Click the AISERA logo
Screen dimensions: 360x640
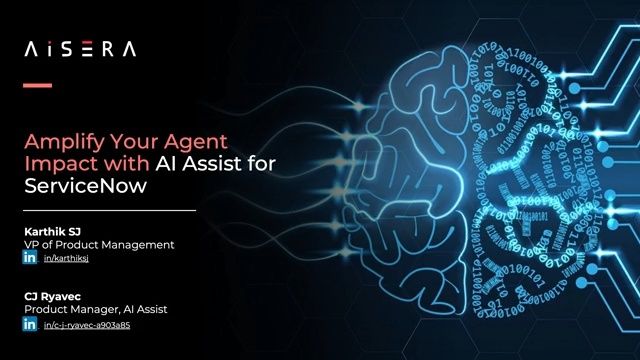click(x=79, y=48)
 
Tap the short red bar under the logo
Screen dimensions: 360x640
click(x=37, y=86)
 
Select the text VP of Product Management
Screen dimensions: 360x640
click(x=99, y=244)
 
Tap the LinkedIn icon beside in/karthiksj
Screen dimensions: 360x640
click(x=30, y=258)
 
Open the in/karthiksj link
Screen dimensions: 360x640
click(x=67, y=258)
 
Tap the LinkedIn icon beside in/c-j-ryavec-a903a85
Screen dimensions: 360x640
click(x=30, y=324)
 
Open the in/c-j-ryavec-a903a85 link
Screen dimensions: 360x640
click(x=87, y=325)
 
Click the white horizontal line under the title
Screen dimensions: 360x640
click(x=110, y=211)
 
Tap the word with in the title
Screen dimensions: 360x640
click(x=120, y=164)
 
